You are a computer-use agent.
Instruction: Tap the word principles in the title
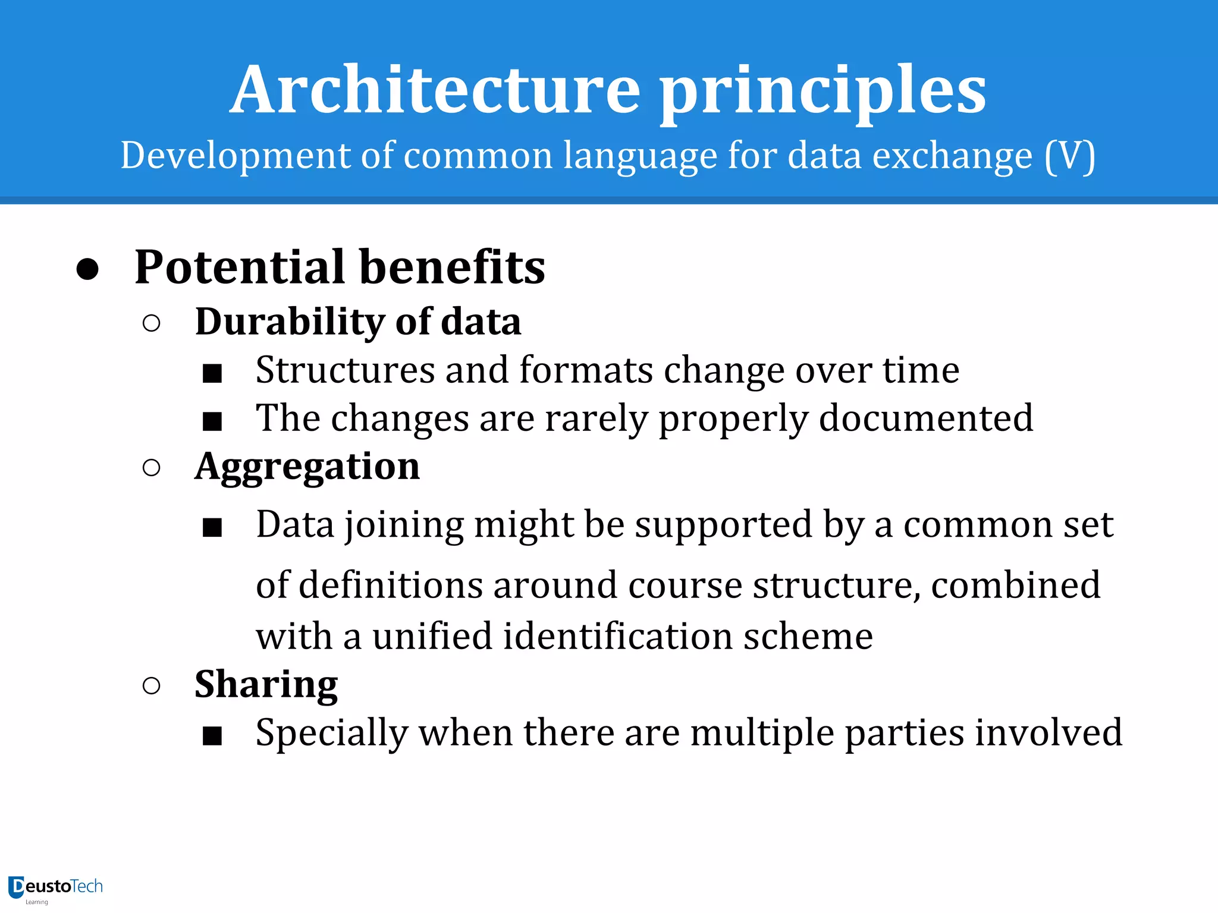[x=823, y=92]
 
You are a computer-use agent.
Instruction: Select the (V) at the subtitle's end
[x=1070, y=156]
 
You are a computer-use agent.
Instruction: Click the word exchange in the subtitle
[x=952, y=156]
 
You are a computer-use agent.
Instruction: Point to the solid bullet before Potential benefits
[x=87, y=269]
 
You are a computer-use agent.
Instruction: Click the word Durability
[x=290, y=322]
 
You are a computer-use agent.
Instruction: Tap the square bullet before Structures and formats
[x=212, y=373]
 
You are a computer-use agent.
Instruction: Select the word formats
[x=586, y=370]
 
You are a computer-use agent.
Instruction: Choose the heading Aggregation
[x=307, y=467]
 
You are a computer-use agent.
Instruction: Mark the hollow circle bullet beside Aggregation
[x=152, y=468]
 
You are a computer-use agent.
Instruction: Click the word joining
[x=404, y=525]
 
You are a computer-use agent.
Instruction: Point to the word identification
[x=617, y=636]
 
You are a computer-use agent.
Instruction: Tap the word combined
[x=1016, y=585]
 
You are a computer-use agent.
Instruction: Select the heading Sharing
[x=266, y=685]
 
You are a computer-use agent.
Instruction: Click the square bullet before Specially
[x=212, y=736]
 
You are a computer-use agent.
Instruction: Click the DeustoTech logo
[x=55, y=888]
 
